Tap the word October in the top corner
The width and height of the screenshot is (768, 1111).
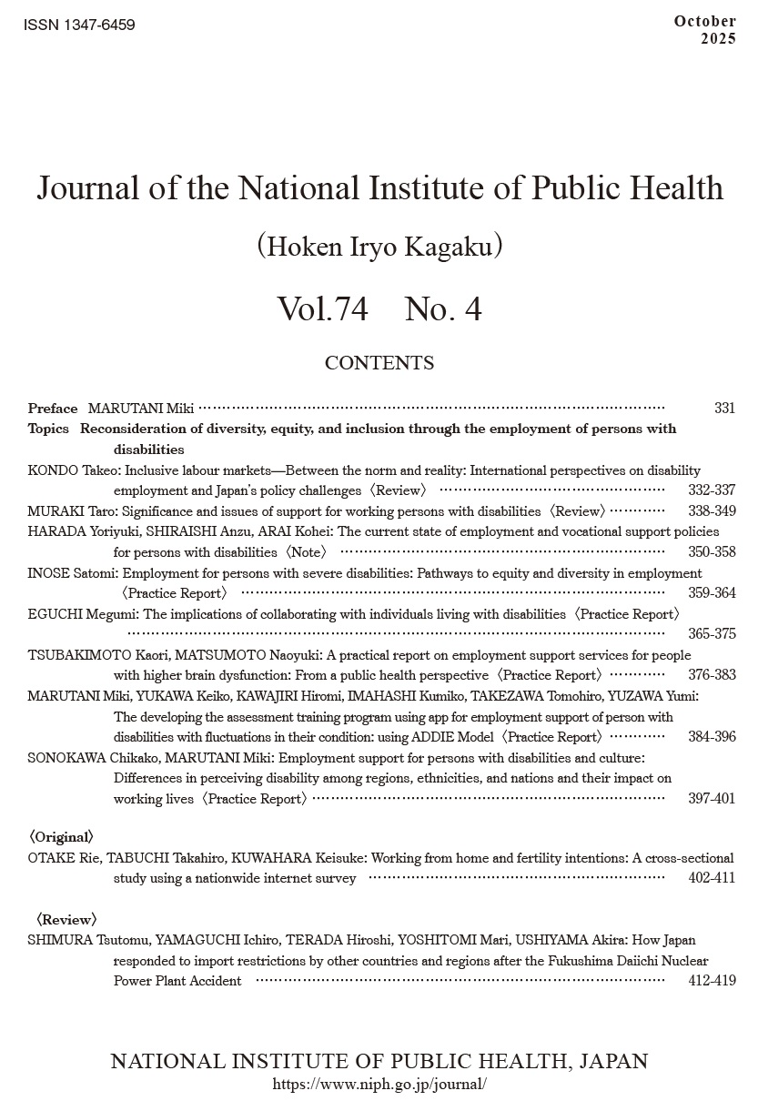tap(705, 21)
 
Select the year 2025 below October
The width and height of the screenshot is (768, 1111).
tap(718, 38)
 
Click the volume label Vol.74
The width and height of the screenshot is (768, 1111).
tap(322, 310)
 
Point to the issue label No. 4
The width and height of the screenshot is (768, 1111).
tap(442, 310)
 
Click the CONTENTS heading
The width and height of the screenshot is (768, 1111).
tap(379, 363)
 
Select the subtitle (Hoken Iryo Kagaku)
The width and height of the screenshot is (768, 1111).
tap(379, 247)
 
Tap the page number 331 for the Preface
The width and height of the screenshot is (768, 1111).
tap(724, 409)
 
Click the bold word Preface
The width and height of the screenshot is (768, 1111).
tap(53, 409)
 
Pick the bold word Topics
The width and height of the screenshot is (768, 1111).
tap(48, 429)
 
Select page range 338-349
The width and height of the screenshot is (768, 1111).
tap(712, 511)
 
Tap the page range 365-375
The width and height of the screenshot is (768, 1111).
tap(712, 634)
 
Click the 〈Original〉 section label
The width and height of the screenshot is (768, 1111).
tap(61, 836)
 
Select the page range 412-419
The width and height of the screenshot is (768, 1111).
tap(712, 981)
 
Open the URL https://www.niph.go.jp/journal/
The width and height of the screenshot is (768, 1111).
tap(379, 1085)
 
